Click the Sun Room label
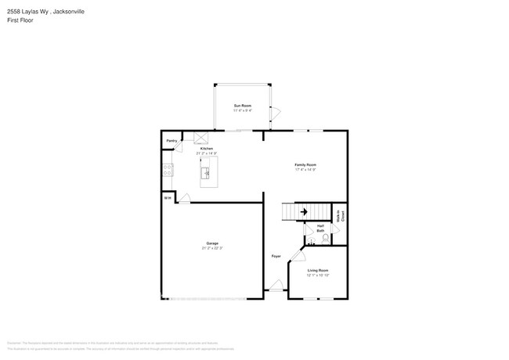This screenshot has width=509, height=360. (x=242, y=105)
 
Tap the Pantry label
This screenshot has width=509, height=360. (x=171, y=141)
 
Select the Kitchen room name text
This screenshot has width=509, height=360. (x=207, y=148)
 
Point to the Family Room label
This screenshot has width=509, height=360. (x=305, y=164)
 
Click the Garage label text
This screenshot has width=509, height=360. (x=212, y=243)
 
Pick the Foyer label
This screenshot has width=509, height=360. (x=276, y=256)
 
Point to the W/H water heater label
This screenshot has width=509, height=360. (x=168, y=198)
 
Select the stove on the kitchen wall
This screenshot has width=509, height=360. (x=168, y=168)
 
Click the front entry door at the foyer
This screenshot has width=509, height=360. (x=276, y=287)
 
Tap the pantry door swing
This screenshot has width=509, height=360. (x=179, y=146)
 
